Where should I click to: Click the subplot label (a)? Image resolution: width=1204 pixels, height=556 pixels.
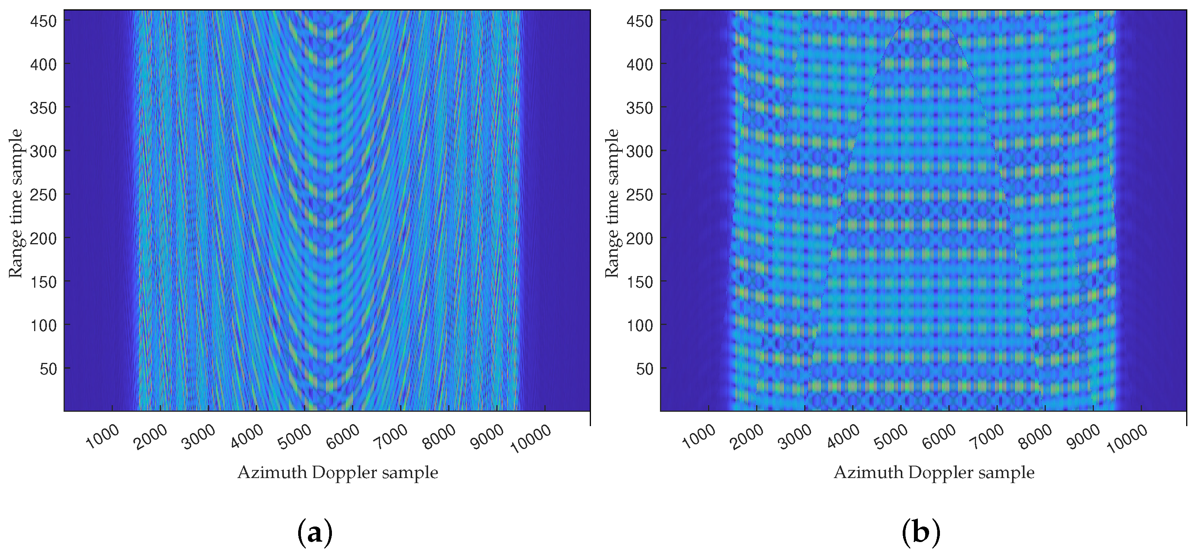315,533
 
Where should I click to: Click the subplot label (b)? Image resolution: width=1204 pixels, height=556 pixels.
920,533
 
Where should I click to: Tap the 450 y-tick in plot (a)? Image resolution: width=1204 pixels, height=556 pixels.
43,21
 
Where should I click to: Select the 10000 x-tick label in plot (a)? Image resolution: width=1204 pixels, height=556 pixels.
531,439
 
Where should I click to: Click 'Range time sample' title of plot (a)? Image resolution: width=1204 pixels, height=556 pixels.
16,203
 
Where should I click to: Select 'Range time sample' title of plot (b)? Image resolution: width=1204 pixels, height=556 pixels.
612,203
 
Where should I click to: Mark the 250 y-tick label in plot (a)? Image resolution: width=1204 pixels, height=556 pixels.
43,195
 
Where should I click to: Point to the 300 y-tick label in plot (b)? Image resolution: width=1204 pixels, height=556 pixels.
640,151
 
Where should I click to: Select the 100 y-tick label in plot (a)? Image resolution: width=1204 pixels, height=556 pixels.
43,326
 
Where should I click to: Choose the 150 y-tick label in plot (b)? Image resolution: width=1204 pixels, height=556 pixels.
640,282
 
